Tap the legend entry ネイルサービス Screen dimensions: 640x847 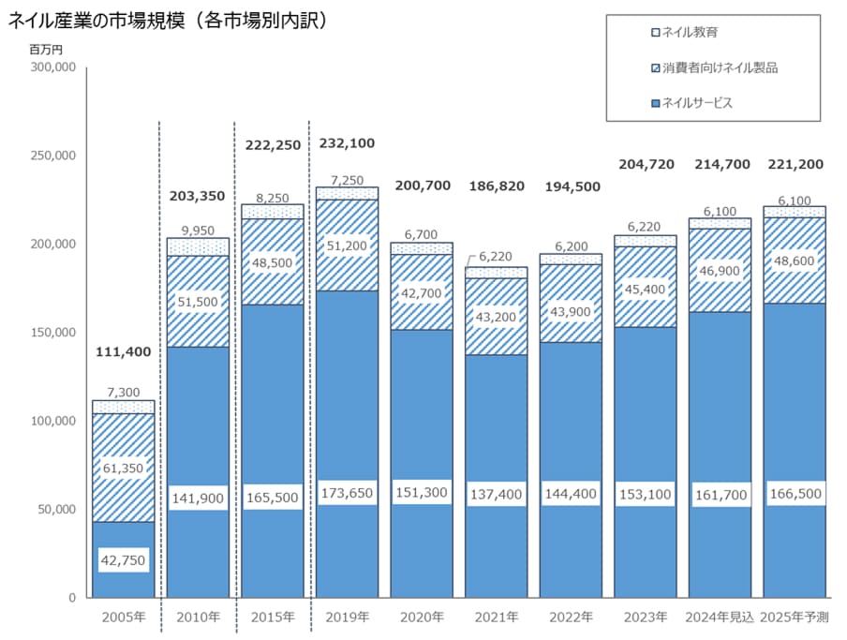(697, 103)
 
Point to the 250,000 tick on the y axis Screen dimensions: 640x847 (54, 156)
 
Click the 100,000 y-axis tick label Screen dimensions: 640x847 (54, 421)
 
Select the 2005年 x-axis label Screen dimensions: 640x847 (123, 617)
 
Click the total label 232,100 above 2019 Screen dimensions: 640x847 (347, 144)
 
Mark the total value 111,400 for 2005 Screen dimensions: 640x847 (123, 352)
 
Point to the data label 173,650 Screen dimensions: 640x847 (347, 492)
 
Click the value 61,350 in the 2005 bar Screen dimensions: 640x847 (123, 469)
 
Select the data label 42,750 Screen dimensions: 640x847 (123, 559)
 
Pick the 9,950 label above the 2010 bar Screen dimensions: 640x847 (197, 230)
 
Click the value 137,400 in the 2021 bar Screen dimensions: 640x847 (496, 493)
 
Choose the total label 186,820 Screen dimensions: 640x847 (496, 186)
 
